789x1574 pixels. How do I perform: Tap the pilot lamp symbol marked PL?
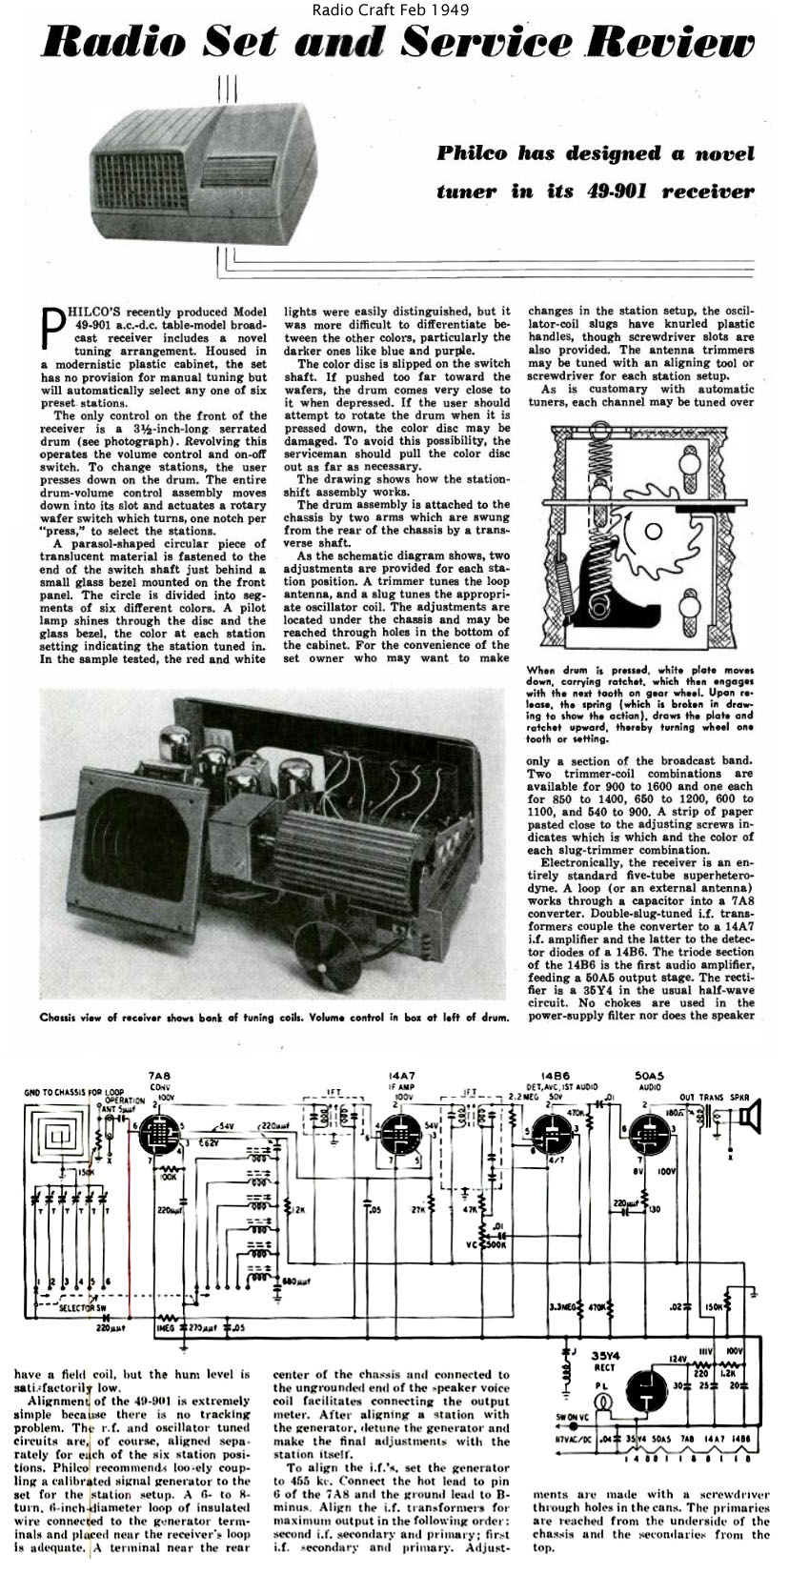click(601, 1402)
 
